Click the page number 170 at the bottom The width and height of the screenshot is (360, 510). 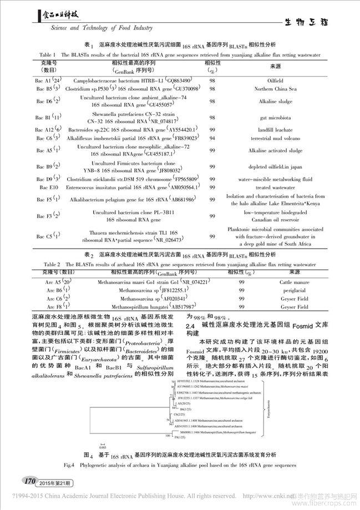[x=27, y=478]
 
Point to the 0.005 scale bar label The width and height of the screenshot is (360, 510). [x=104, y=446]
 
